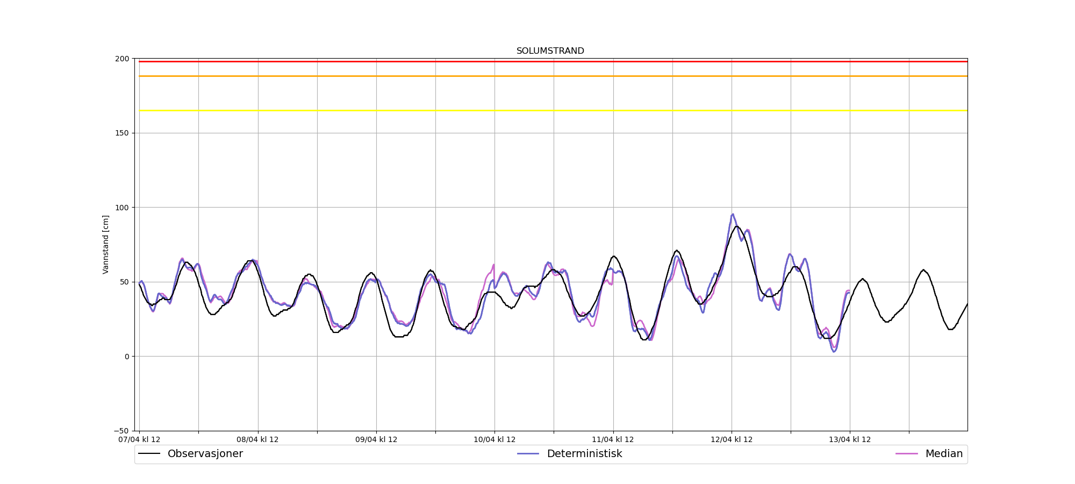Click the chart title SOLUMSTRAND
[550, 51]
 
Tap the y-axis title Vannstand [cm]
[106, 244]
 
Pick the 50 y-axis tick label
[124, 282]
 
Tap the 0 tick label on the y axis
[126, 357]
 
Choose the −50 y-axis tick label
[121, 431]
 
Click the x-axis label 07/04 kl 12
[139, 439]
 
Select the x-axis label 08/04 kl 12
[257, 439]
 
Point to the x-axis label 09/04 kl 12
[376, 439]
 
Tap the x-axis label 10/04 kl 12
[494, 439]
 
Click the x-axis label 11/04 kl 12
[613, 439]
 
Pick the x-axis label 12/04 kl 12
[732, 439]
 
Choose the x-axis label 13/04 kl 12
[850, 439]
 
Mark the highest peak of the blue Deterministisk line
[733, 214]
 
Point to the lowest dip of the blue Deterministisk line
[834, 351]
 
